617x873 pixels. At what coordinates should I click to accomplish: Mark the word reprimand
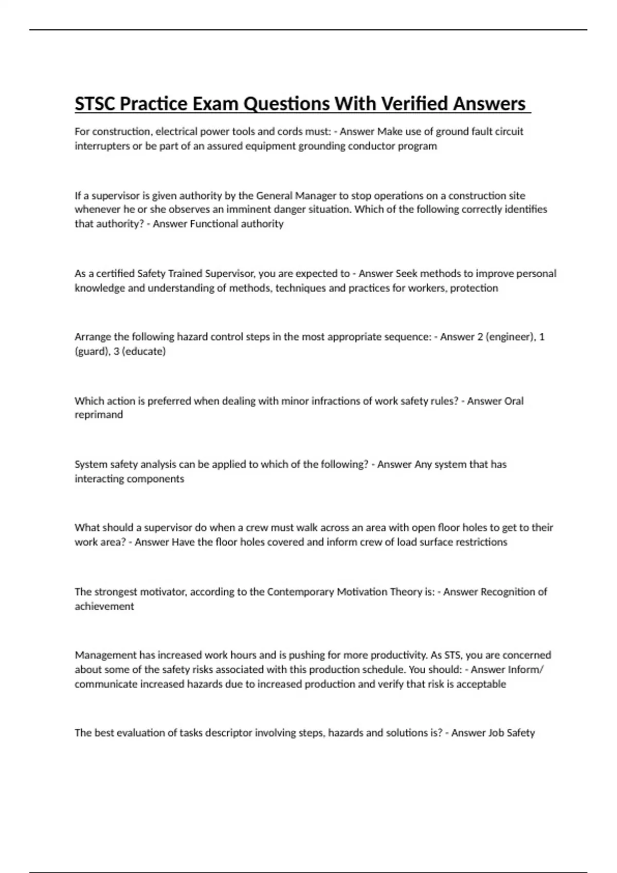(x=99, y=415)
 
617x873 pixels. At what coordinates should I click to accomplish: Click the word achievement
(x=104, y=606)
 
